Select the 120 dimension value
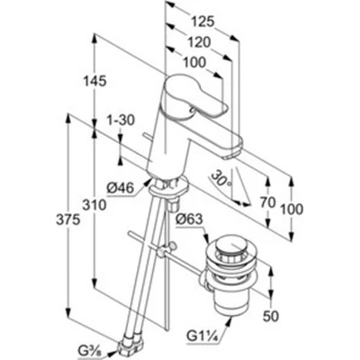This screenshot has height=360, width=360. click(x=199, y=42)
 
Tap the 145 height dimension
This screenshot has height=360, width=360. click(x=94, y=81)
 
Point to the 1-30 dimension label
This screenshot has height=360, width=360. click(x=121, y=120)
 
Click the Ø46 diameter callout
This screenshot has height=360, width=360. click(x=120, y=189)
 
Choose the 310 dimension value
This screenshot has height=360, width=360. click(x=94, y=205)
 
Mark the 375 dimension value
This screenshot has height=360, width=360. click(x=68, y=220)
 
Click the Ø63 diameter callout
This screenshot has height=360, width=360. click(x=190, y=220)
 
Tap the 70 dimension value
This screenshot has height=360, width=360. click(x=267, y=203)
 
